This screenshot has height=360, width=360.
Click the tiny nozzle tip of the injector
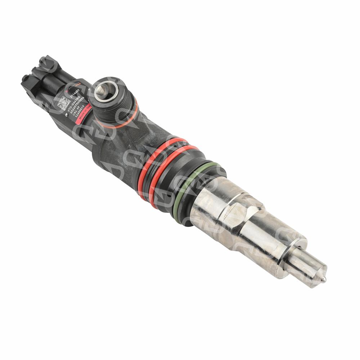[325, 278]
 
